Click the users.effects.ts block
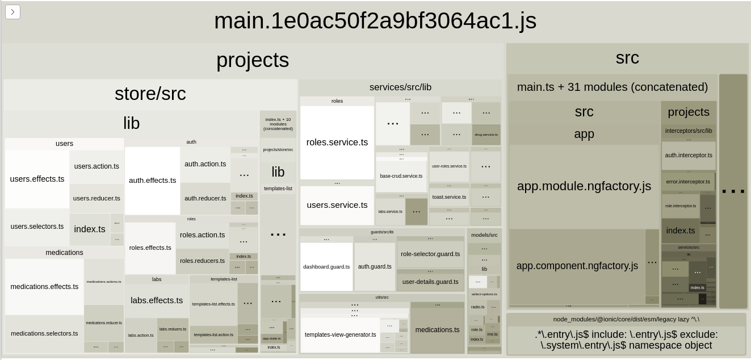click(x=37, y=179)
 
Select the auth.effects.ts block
click(x=152, y=181)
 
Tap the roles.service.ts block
click(x=337, y=143)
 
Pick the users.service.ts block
click(x=337, y=205)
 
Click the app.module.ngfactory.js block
click(x=584, y=186)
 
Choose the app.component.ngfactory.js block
click(x=577, y=266)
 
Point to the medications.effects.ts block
click(x=44, y=287)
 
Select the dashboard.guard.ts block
click(x=326, y=267)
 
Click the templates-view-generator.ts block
click(x=340, y=335)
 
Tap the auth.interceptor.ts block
click(x=689, y=155)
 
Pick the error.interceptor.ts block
click(x=688, y=182)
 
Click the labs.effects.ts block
click(x=157, y=300)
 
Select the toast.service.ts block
click(x=449, y=197)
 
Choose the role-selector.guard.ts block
click(x=430, y=254)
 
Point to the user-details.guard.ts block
click(x=430, y=282)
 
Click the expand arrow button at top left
click(x=12, y=12)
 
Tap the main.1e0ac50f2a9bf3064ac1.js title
click(x=375, y=22)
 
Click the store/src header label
click(x=150, y=94)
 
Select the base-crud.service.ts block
click(x=401, y=176)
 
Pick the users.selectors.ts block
click(x=37, y=227)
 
